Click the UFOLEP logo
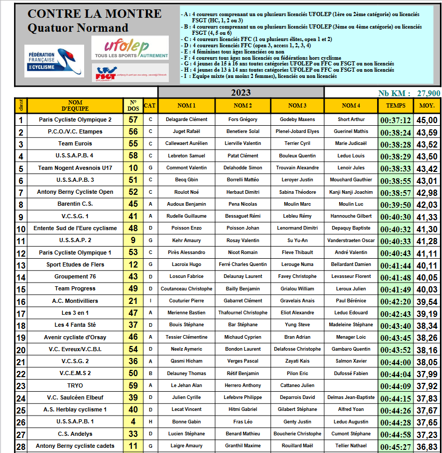click(x=130, y=47)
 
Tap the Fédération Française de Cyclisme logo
click(x=53, y=61)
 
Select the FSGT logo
click(x=130, y=73)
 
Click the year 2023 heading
click(x=241, y=92)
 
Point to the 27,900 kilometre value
click(x=428, y=93)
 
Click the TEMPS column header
click(x=396, y=105)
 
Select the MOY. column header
click(x=427, y=105)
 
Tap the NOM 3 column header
click(x=297, y=105)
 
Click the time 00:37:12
click(x=396, y=120)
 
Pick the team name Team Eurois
click(x=75, y=143)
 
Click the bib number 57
click(x=133, y=119)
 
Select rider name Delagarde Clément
click(x=187, y=119)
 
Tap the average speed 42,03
click(x=427, y=205)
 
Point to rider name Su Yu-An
click(x=297, y=240)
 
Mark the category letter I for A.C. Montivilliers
click(x=150, y=301)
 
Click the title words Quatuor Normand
click(x=78, y=28)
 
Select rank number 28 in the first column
click(x=21, y=446)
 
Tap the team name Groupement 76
click(x=75, y=276)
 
